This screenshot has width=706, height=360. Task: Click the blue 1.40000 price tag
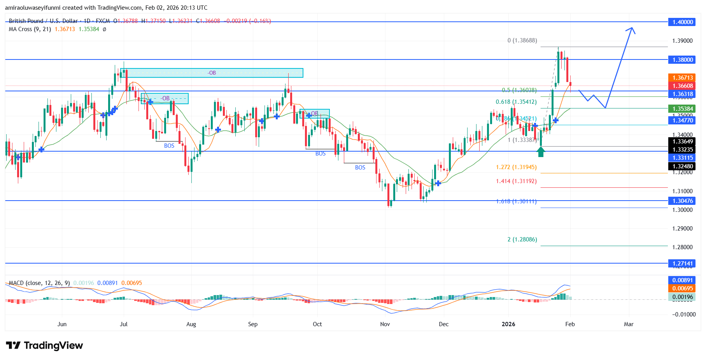click(683, 22)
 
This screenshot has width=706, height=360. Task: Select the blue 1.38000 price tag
click(683, 60)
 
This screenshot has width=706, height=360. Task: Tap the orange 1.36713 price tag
click(683, 78)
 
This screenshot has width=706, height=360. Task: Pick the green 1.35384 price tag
click(683, 109)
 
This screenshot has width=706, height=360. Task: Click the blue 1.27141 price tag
click(683, 264)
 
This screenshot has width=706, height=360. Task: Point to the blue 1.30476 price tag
click(683, 201)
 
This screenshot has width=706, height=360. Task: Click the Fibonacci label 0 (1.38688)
click(522, 40)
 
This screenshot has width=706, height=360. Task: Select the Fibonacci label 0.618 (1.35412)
click(516, 102)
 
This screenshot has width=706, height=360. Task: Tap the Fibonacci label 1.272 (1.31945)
click(516, 167)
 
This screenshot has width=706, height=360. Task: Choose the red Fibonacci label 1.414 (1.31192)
click(516, 181)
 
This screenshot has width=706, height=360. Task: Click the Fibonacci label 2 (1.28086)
click(522, 239)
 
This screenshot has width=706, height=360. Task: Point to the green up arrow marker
click(541, 152)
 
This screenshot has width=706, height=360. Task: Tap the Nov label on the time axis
click(385, 324)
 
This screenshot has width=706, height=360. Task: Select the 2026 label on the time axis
click(508, 324)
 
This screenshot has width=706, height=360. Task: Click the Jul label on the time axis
click(124, 324)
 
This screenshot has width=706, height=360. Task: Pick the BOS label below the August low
click(169, 146)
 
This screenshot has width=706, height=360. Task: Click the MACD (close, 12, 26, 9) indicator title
click(39, 283)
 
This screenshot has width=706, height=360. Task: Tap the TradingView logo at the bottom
click(44, 346)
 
